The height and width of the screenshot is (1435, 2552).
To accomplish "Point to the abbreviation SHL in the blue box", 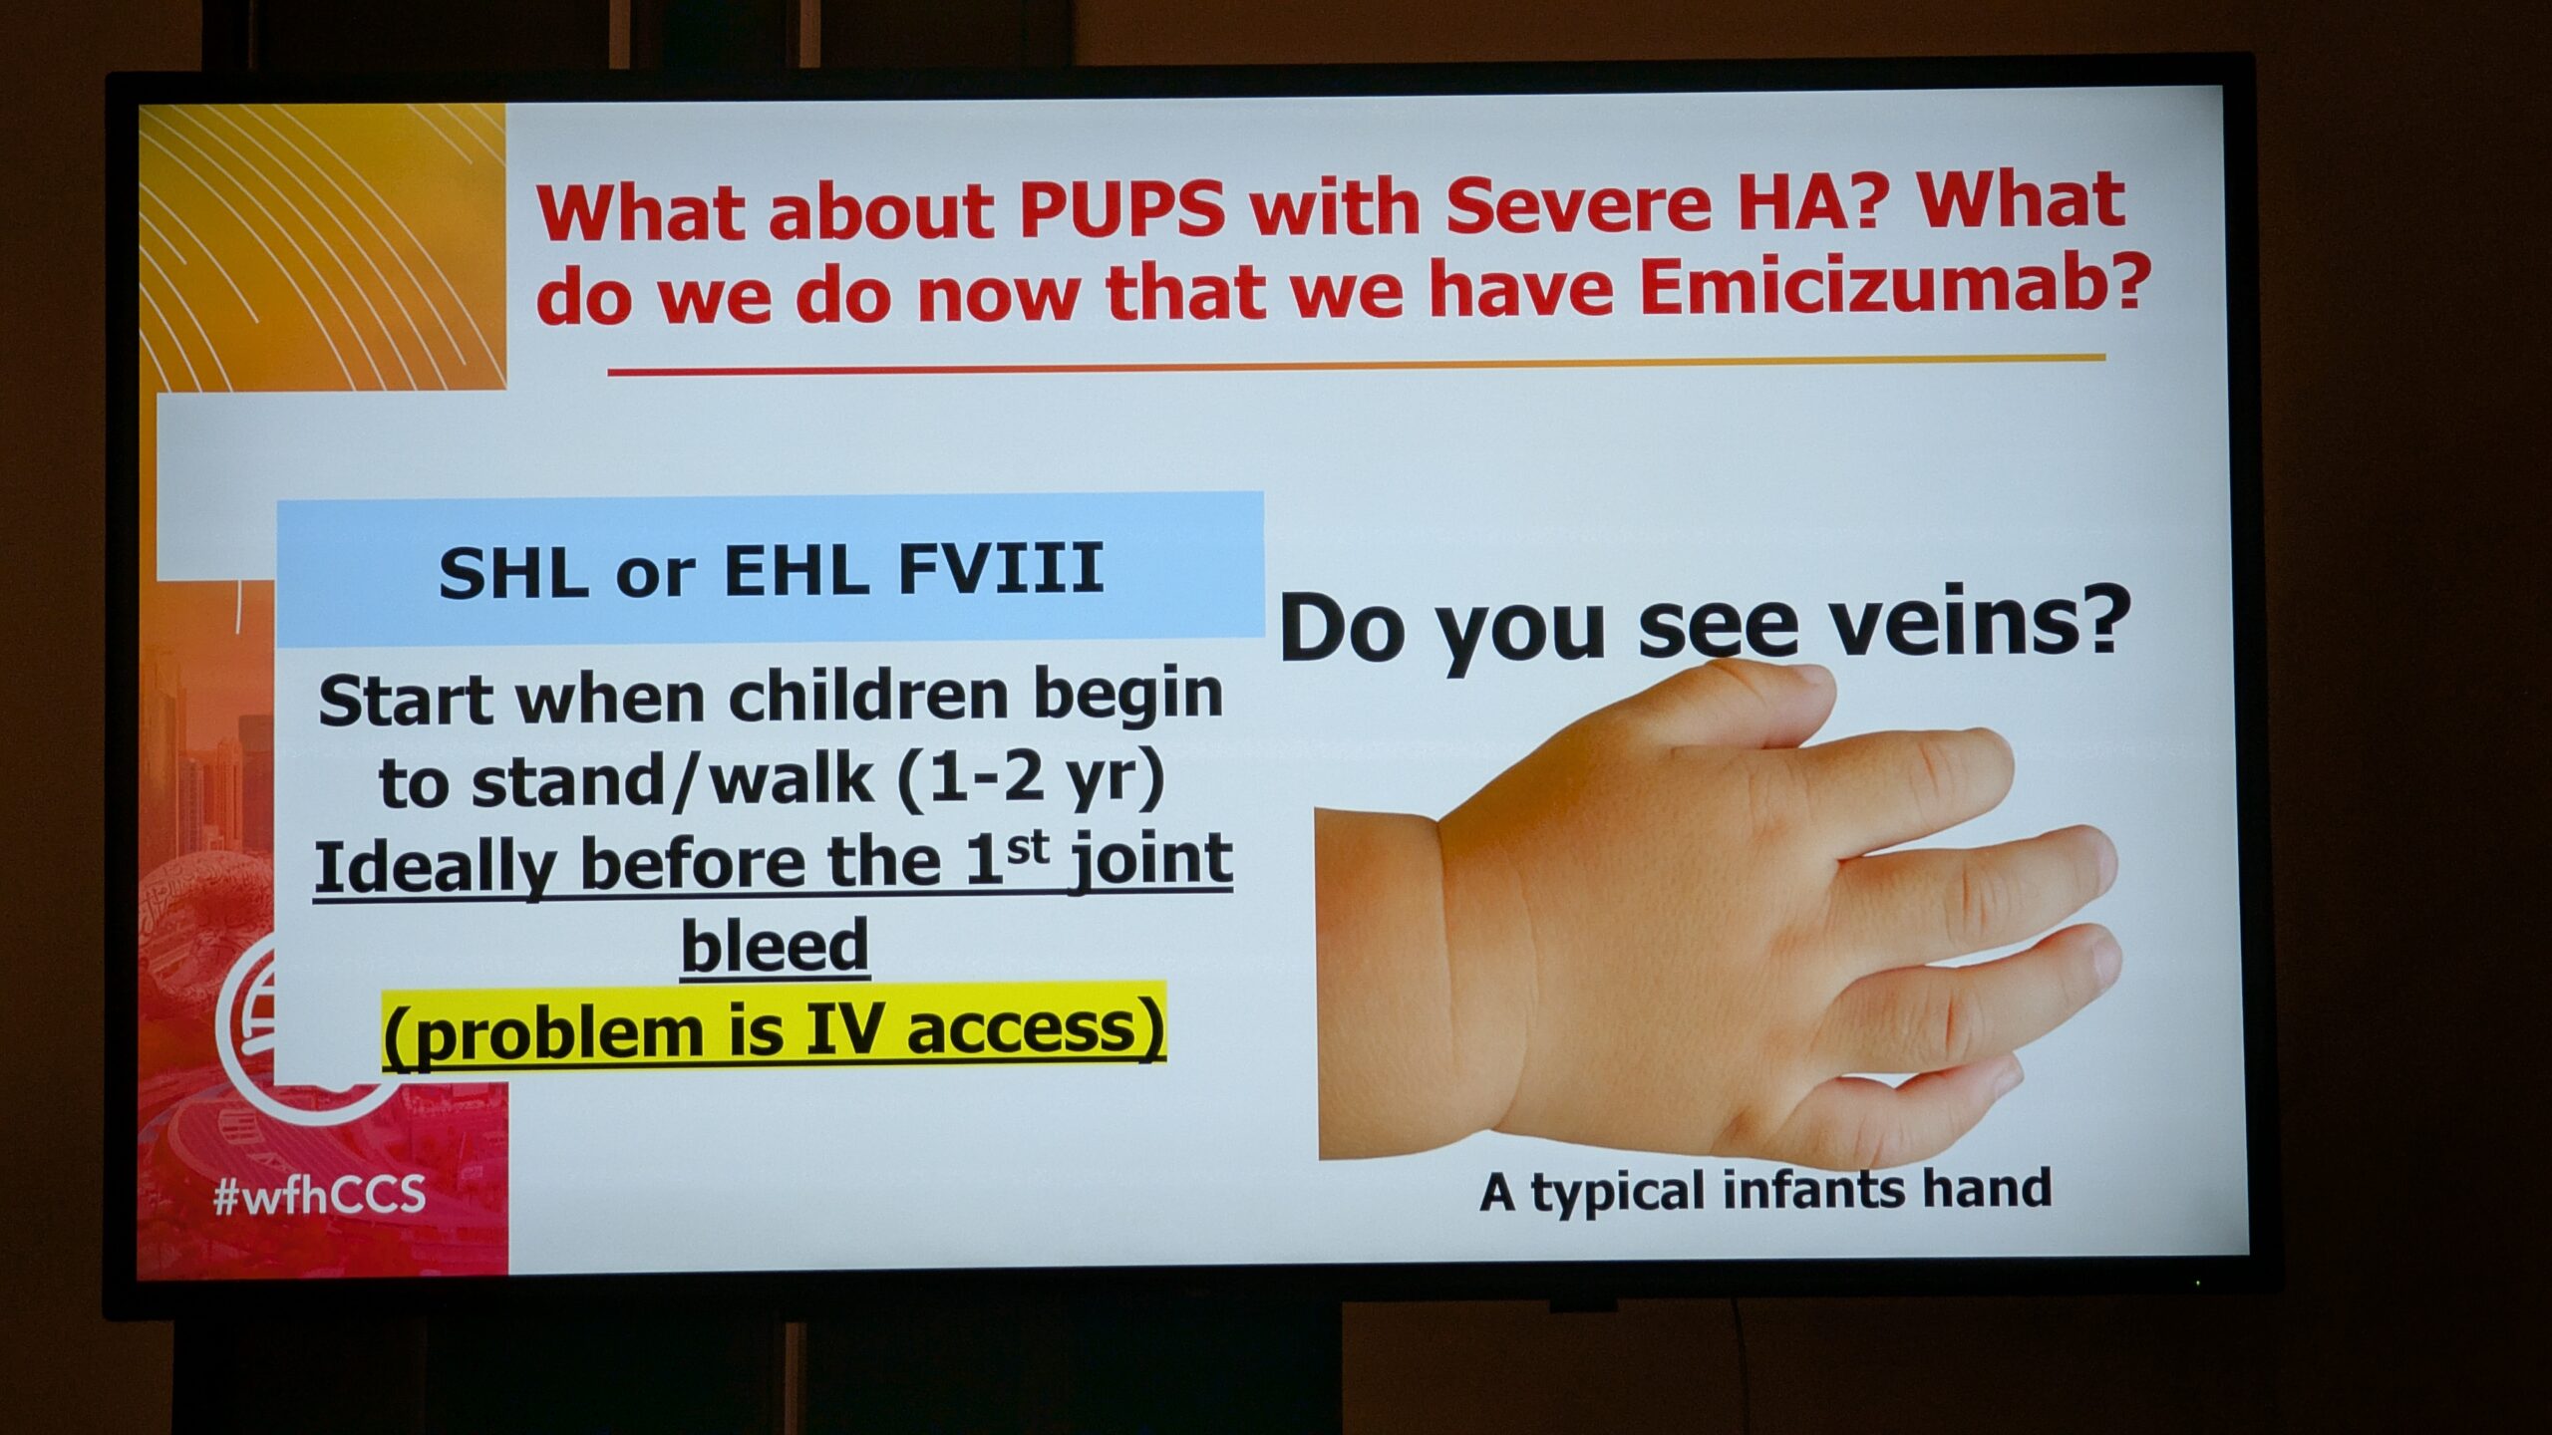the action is coord(512,573).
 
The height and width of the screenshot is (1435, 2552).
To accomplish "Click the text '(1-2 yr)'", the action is coord(1031,779).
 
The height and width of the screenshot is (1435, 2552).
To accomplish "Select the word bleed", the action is coord(775,944).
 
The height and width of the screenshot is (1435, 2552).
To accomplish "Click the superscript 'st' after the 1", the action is coord(1028,848).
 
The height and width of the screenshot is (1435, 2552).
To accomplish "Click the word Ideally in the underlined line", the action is coord(435,864).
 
